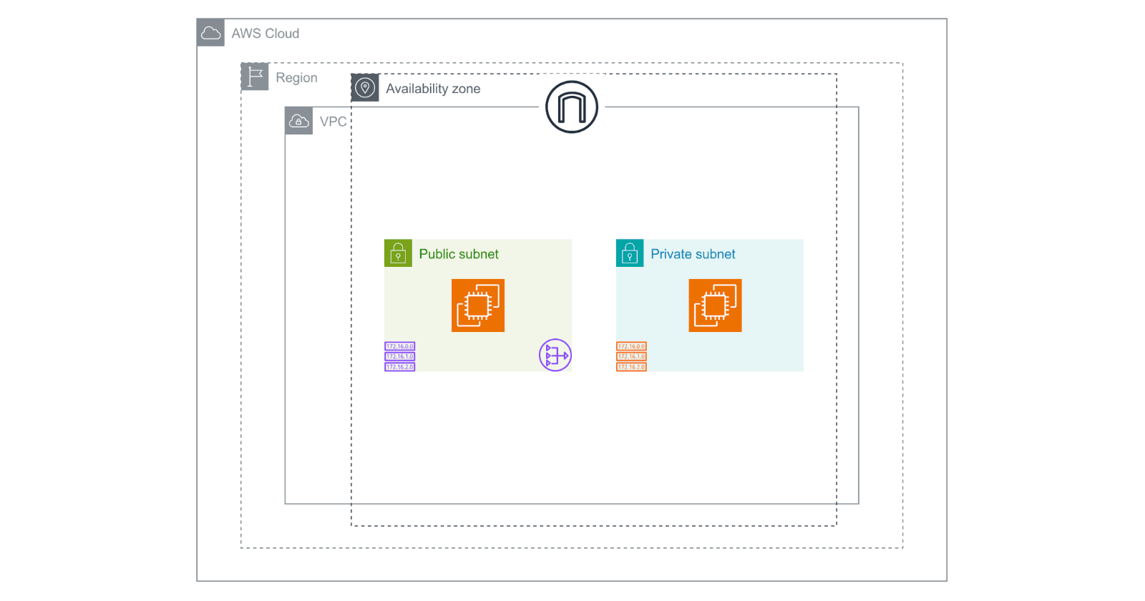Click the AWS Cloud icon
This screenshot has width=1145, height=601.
point(210,33)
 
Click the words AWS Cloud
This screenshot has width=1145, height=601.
point(265,34)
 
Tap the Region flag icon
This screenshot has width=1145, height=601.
point(255,77)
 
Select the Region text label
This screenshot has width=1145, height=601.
point(296,78)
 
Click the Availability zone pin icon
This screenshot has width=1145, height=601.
point(365,88)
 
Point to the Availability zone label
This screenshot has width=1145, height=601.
point(433,89)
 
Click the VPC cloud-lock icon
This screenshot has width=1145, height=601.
point(298,121)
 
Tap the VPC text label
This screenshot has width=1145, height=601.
point(333,122)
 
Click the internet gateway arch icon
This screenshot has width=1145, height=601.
point(572,107)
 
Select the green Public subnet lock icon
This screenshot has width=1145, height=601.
point(398,253)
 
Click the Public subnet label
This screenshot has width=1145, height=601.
point(459,254)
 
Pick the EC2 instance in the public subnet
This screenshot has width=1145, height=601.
point(478,306)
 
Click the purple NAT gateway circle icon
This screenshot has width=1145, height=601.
point(555,355)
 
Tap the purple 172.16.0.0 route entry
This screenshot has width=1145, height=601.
point(400,346)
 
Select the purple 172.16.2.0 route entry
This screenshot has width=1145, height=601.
point(400,367)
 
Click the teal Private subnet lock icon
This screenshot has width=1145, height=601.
point(630,253)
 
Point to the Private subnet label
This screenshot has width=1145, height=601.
point(693,254)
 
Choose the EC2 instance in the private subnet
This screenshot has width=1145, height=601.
point(715,306)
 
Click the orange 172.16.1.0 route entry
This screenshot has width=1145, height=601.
point(631,356)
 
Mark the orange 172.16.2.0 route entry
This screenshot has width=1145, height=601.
point(631,367)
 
